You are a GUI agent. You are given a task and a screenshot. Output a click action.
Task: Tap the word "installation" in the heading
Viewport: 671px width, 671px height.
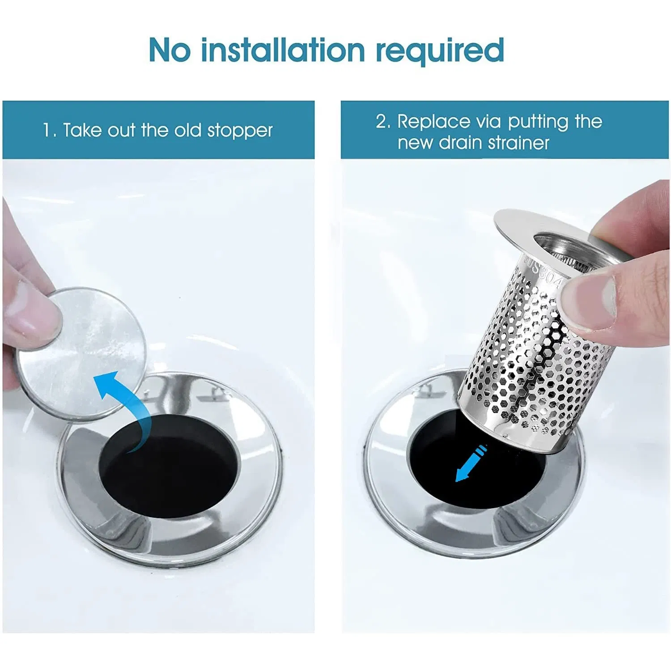pos(283,50)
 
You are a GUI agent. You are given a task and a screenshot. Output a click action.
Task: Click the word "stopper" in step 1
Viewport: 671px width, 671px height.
pos(240,131)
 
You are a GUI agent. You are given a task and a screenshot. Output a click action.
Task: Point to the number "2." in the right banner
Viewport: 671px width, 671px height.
pos(383,122)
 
